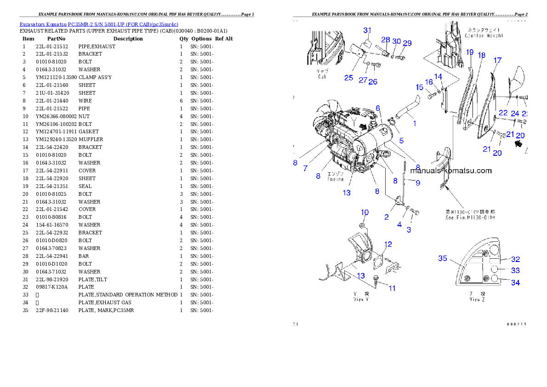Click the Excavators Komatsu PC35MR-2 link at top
click(x=99, y=24)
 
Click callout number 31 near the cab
click(x=367, y=30)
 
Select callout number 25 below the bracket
click(x=349, y=78)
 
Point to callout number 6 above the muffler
click(x=378, y=108)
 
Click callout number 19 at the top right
click(x=469, y=52)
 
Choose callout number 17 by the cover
click(x=498, y=60)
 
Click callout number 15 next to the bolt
click(x=420, y=87)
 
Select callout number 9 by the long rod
click(x=417, y=183)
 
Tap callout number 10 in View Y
click(x=365, y=212)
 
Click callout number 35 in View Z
click(x=442, y=258)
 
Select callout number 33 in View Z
click(x=516, y=271)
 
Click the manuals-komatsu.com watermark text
click(x=451, y=171)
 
